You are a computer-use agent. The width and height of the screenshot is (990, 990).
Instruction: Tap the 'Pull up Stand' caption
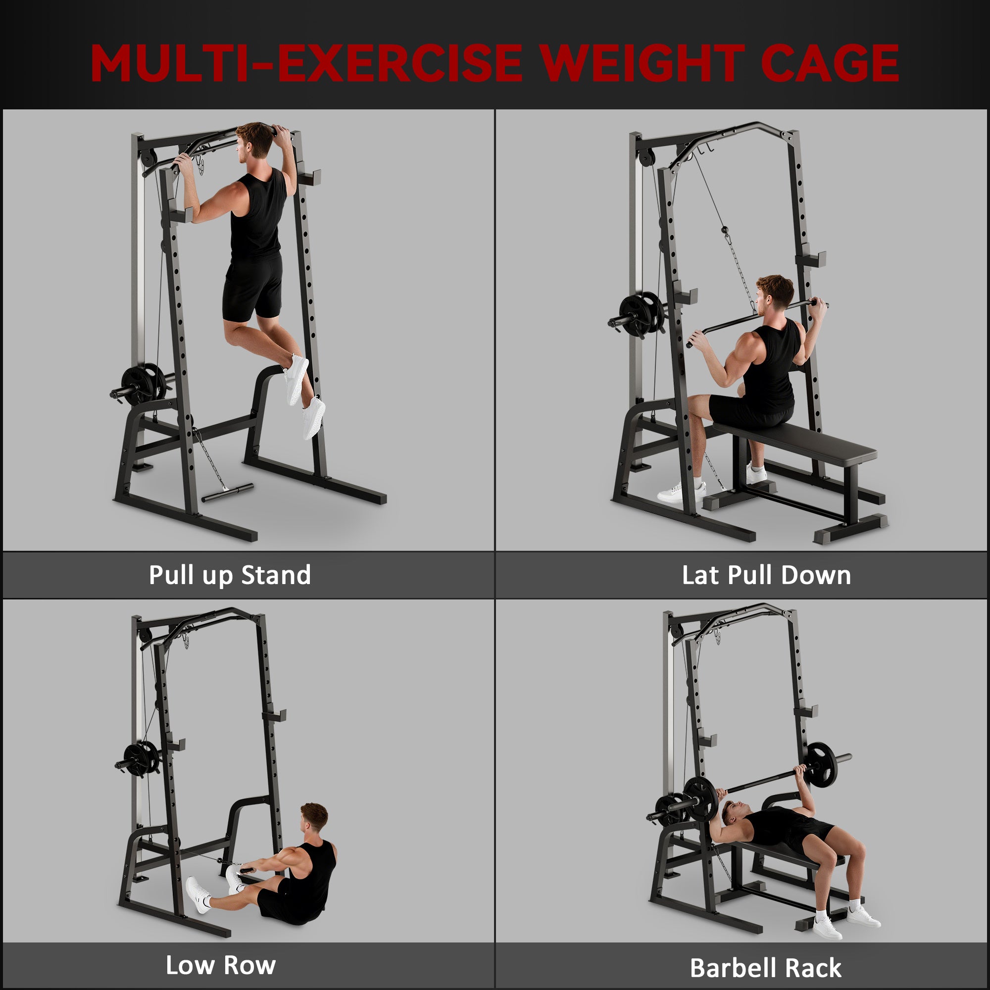click(x=230, y=575)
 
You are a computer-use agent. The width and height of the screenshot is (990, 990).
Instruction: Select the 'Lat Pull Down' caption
click(x=766, y=575)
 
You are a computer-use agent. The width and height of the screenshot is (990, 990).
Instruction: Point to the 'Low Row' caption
click(x=220, y=965)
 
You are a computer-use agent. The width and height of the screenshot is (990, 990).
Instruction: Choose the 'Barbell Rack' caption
click(x=766, y=967)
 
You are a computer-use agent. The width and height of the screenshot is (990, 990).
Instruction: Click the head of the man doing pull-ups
click(x=254, y=139)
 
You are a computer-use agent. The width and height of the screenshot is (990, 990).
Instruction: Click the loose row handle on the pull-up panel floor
click(x=228, y=492)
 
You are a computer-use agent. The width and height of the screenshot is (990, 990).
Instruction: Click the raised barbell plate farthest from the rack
click(x=822, y=763)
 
